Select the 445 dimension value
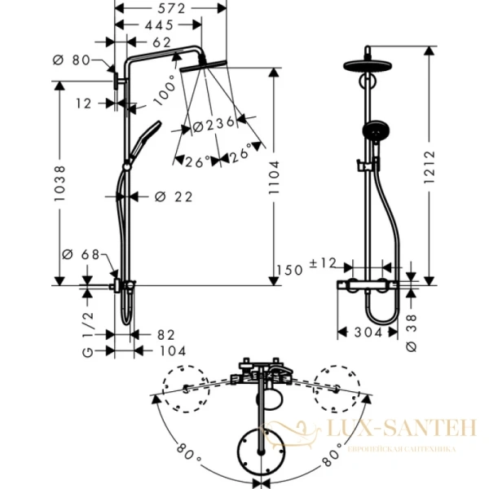coord(156,24)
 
